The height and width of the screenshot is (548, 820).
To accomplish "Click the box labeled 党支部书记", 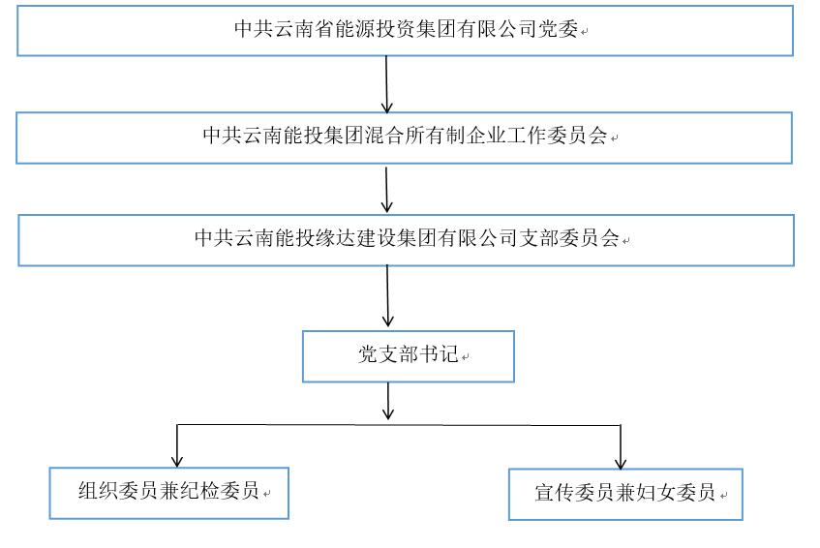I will click(408, 356).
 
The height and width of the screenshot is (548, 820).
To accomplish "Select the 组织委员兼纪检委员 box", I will click(169, 493).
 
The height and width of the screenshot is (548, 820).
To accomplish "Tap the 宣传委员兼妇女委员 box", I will click(625, 494).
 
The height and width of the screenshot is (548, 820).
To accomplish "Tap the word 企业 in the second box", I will click(479, 136).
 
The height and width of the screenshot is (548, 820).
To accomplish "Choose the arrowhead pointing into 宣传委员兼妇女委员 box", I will click(621, 461).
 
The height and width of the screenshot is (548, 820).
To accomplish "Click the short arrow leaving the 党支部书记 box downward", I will click(388, 400).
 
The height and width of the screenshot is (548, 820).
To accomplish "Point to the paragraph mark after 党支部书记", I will click(466, 357).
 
